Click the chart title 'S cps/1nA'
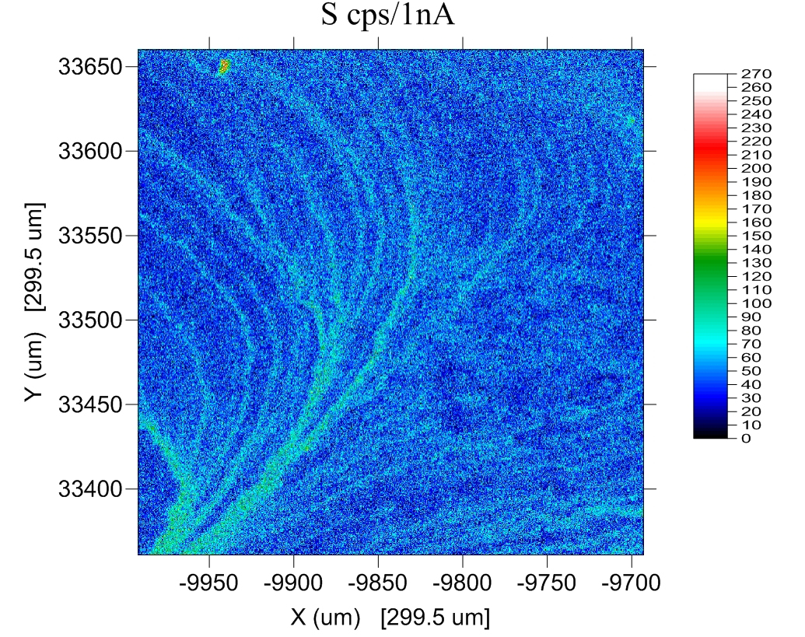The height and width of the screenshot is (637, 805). [388, 16]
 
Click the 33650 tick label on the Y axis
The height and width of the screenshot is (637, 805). [91, 67]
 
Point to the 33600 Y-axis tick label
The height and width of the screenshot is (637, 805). [91, 151]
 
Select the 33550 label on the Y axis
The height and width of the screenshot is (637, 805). [91, 236]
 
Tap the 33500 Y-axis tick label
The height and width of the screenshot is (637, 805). [91, 320]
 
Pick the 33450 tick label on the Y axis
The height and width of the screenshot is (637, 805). [91, 404]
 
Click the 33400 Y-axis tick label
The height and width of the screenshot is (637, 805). [91, 489]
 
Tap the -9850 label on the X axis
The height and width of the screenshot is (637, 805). [378, 583]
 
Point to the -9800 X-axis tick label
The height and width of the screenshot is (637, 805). [463, 583]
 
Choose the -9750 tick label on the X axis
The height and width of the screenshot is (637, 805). [548, 583]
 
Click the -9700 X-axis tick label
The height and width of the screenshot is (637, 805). [632, 583]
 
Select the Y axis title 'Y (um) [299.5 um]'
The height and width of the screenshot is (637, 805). [33, 303]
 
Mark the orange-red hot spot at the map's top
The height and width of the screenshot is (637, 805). [224, 66]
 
